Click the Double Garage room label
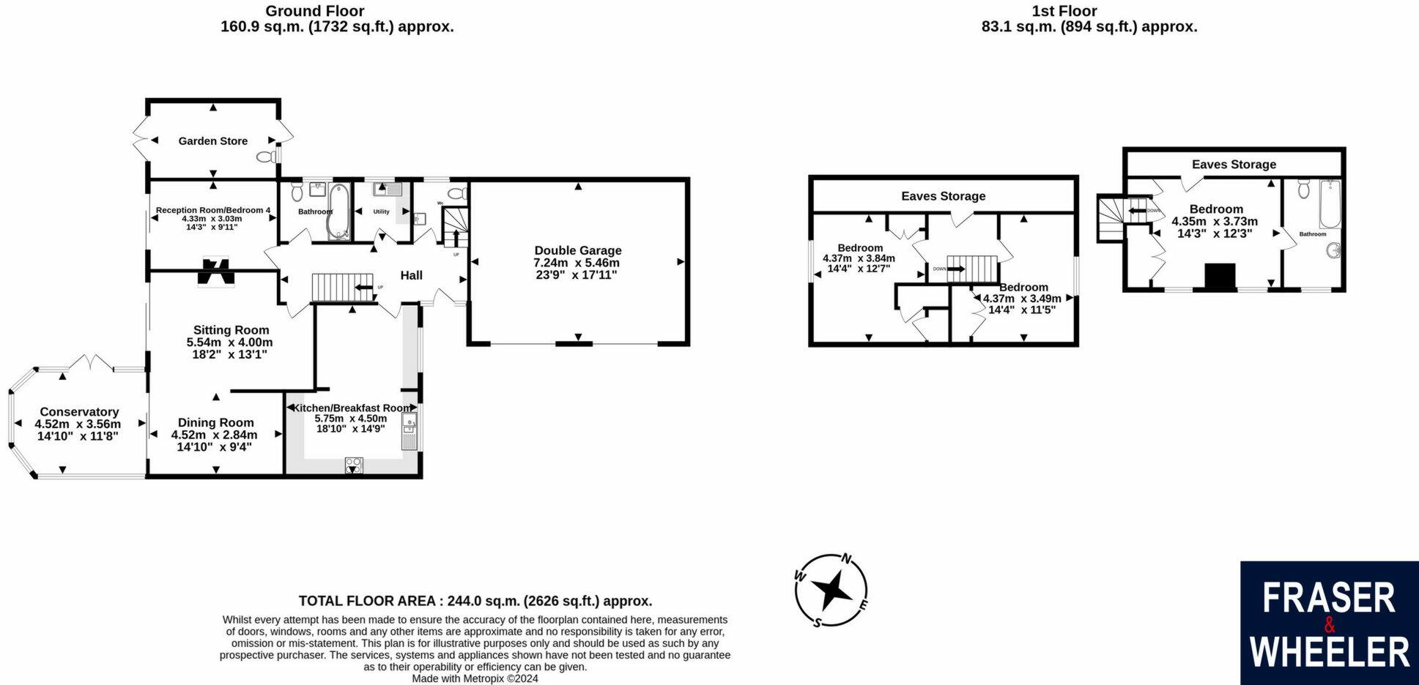(x=577, y=250)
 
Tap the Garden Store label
(x=212, y=141)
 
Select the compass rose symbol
(x=831, y=590)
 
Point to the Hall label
(x=411, y=275)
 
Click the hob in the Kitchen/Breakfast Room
(x=353, y=465)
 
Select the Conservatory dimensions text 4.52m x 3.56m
(x=78, y=424)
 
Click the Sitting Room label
(x=231, y=330)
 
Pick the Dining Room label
(x=215, y=422)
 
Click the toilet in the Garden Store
(x=266, y=157)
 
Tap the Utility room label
(x=381, y=212)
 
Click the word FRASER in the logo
(x=1329, y=599)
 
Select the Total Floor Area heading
(x=475, y=601)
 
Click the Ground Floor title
(x=314, y=11)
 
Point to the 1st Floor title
(x=1074, y=11)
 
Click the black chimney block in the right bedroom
(x=1220, y=277)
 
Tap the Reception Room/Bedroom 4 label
(x=212, y=210)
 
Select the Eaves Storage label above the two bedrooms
(x=943, y=195)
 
